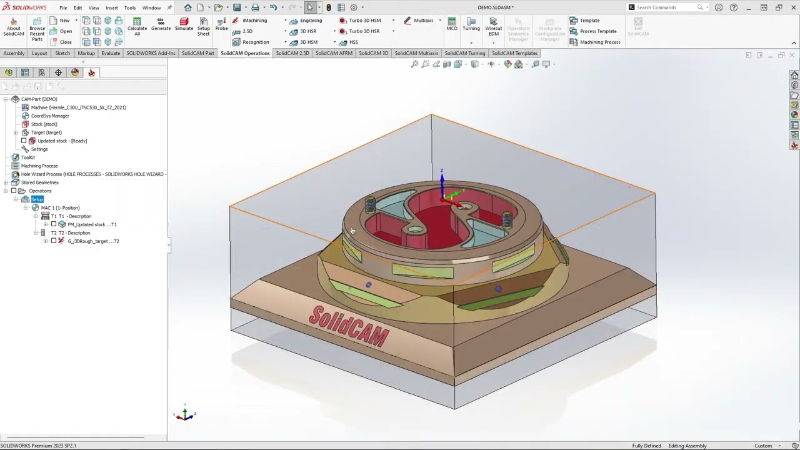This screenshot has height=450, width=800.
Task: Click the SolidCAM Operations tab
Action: tap(245, 53)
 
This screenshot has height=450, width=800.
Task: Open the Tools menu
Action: tap(129, 7)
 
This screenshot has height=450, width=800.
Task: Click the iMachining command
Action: tap(254, 21)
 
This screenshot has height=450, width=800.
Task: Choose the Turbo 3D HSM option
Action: tap(364, 21)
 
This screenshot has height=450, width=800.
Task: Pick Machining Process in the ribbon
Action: tap(599, 42)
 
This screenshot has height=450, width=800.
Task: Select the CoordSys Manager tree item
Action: tap(50, 116)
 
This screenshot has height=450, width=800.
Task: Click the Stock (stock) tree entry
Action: tap(44, 124)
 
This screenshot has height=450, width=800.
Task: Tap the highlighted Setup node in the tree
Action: tap(37, 199)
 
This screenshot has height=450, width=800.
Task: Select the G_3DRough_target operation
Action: tap(92, 241)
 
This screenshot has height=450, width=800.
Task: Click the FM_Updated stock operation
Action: tap(91, 224)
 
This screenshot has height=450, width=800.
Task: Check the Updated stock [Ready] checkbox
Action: tap(24, 141)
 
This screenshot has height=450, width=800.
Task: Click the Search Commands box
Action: tap(666, 7)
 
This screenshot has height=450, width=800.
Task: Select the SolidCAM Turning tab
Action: tap(464, 53)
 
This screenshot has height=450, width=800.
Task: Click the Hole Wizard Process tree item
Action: tap(92, 174)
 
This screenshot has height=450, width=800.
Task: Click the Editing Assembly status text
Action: tap(687, 446)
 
